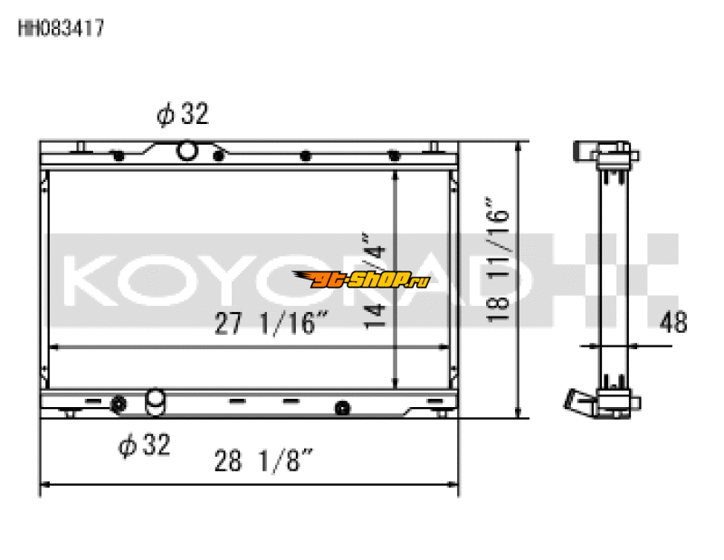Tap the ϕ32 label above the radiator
[x=182, y=114]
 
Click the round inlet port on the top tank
[x=186, y=150]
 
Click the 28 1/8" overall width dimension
[x=264, y=462]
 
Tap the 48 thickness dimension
[x=673, y=321]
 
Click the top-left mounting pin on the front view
[x=81, y=147]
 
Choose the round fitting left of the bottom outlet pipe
[x=118, y=403]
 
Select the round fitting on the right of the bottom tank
[x=342, y=408]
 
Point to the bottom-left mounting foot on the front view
[x=69, y=413]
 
